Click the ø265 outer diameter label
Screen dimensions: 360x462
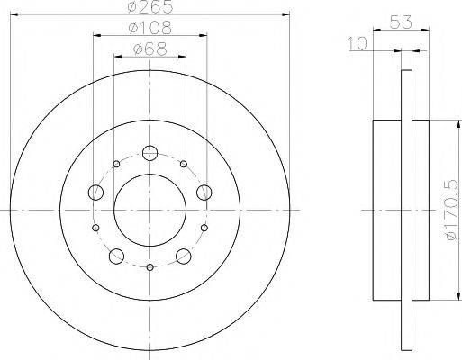pyautogui.click(x=150, y=7)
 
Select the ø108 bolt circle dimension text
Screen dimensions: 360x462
pyautogui.click(x=150, y=29)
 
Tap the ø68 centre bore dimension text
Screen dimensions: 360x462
pyautogui.click(x=150, y=49)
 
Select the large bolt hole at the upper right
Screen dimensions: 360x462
pyautogui.click(x=204, y=191)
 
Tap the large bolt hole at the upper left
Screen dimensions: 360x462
pyautogui.click(x=95, y=191)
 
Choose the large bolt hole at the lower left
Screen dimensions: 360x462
pyautogui.click(x=116, y=256)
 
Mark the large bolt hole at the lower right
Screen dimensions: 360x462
pyautogui.click(x=184, y=256)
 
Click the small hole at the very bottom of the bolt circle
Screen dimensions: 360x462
pyautogui.click(x=150, y=267)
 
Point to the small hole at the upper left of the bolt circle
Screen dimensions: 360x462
pyautogui.click(x=117, y=165)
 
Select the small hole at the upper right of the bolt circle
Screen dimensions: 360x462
pyautogui.click(x=184, y=165)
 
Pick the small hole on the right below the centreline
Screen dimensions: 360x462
pyautogui.click(x=204, y=228)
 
